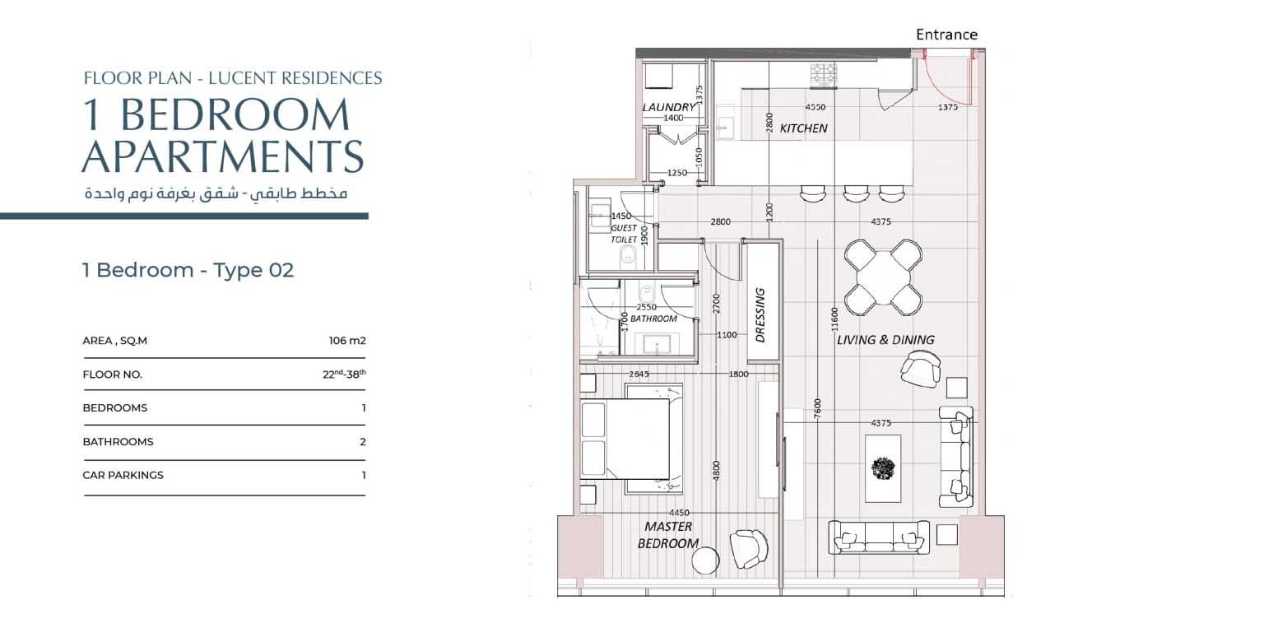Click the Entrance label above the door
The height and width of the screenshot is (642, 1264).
(x=946, y=35)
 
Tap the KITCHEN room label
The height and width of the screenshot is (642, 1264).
(x=803, y=128)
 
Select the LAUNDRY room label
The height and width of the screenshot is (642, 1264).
(x=669, y=107)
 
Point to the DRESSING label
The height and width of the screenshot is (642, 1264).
(x=760, y=314)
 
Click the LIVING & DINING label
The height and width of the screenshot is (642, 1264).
(x=885, y=340)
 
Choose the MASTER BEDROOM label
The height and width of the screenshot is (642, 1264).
(x=668, y=535)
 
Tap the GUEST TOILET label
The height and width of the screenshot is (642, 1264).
(x=624, y=234)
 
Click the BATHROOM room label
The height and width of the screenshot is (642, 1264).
(x=653, y=319)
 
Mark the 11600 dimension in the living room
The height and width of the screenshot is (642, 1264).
(x=834, y=319)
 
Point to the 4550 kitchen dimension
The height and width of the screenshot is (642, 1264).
(x=816, y=107)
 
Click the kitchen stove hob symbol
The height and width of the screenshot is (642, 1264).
(x=823, y=76)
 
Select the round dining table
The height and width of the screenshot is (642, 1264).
(x=883, y=277)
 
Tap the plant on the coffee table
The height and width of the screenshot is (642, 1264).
(x=883, y=468)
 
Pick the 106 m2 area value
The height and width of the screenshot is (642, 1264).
(x=347, y=341)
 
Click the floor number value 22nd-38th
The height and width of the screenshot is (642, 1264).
(x=344, y=374)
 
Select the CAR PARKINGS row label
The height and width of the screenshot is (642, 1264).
(x=123, y=475)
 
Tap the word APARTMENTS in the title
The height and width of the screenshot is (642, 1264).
(x=223, y=156)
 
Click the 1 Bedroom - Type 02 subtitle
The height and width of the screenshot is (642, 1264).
(x=188, y=270)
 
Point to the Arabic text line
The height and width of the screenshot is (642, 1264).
(x=216, y=193)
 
